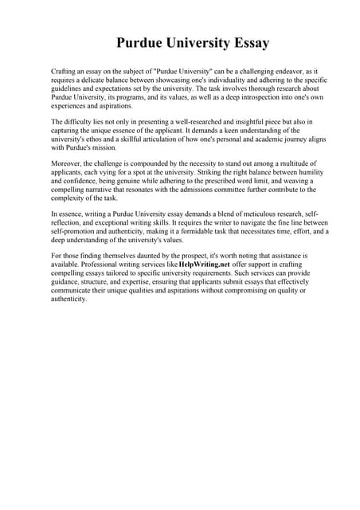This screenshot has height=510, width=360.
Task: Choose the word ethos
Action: [107, 139]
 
